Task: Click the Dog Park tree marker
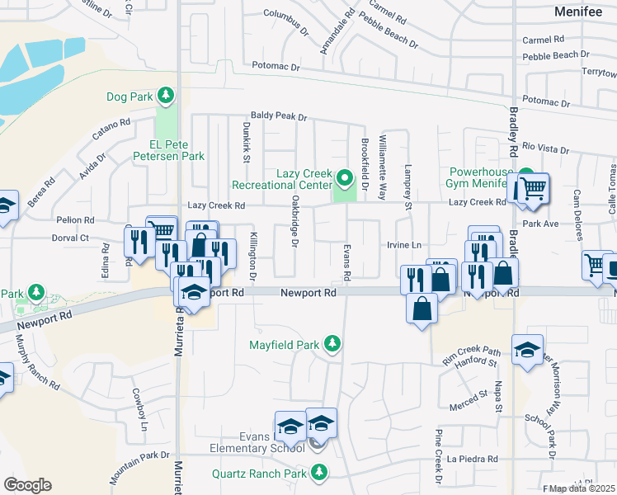pyautogui.click(x=167, y=96)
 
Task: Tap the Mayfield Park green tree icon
pyautogui.click(x=332, y=343)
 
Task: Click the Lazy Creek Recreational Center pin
pyautogui.click(x=345, y=177)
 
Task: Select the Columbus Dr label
pyautogui.click(x=285, y=14)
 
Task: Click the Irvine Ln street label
pyautogui.click(x=404, y=245)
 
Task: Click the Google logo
pyautogui.click(x=27, y=485)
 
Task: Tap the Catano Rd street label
pyautogui.click(x=112, y=130)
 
